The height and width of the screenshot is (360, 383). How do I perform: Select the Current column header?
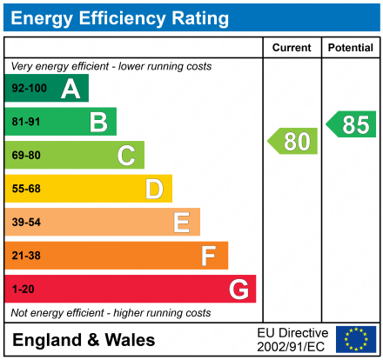click(292, 48)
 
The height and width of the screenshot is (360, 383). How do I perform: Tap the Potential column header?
click(351, 48)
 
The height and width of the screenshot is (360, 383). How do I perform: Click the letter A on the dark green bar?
click(71, 89)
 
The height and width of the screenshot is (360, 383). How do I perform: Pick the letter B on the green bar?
click(98, 122)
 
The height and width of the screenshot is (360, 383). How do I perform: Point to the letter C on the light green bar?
click(126, 156)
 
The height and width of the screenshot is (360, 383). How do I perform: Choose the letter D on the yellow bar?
click(154, 189)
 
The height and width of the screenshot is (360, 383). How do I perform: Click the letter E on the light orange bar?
click(181, 223)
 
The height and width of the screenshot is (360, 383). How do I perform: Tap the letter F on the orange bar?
click(209, 256)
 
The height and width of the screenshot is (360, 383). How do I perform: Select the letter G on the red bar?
click(238, 289)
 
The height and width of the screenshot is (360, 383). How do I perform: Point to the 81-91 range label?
click(26, 123)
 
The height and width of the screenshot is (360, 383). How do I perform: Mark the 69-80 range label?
click(26, 156)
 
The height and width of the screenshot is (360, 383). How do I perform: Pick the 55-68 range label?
click(26, 189)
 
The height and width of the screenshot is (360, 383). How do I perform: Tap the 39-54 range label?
click(26, 223)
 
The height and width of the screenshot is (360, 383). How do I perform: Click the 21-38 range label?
click(26, 256)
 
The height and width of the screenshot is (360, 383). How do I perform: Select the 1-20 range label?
click(23, 289)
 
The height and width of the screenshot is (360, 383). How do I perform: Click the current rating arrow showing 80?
click(293, 141)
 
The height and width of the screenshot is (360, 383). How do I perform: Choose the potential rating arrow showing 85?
click(353, 124)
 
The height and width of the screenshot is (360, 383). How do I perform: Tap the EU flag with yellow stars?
click(355, 339)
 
